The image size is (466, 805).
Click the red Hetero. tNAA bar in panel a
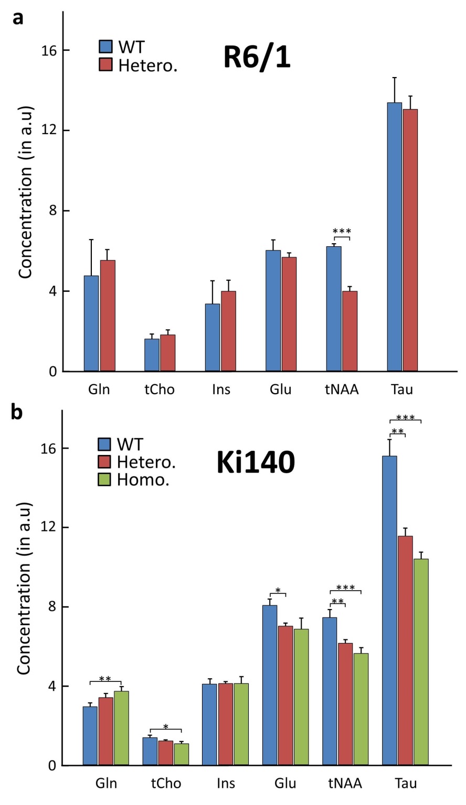coord(349,331)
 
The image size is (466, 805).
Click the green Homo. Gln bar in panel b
coord(121,728)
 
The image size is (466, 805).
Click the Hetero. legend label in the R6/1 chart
coord(147,65)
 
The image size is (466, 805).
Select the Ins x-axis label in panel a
coord(220,389)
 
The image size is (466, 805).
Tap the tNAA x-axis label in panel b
coord(345,784)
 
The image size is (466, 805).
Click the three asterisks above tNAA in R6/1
coord(342,231)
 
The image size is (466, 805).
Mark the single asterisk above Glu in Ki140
coord(278,591)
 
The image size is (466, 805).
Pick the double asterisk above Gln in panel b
coord(105,679)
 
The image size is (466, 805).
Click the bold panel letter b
coord(17,412)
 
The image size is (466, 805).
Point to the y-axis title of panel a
coord(26,192)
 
